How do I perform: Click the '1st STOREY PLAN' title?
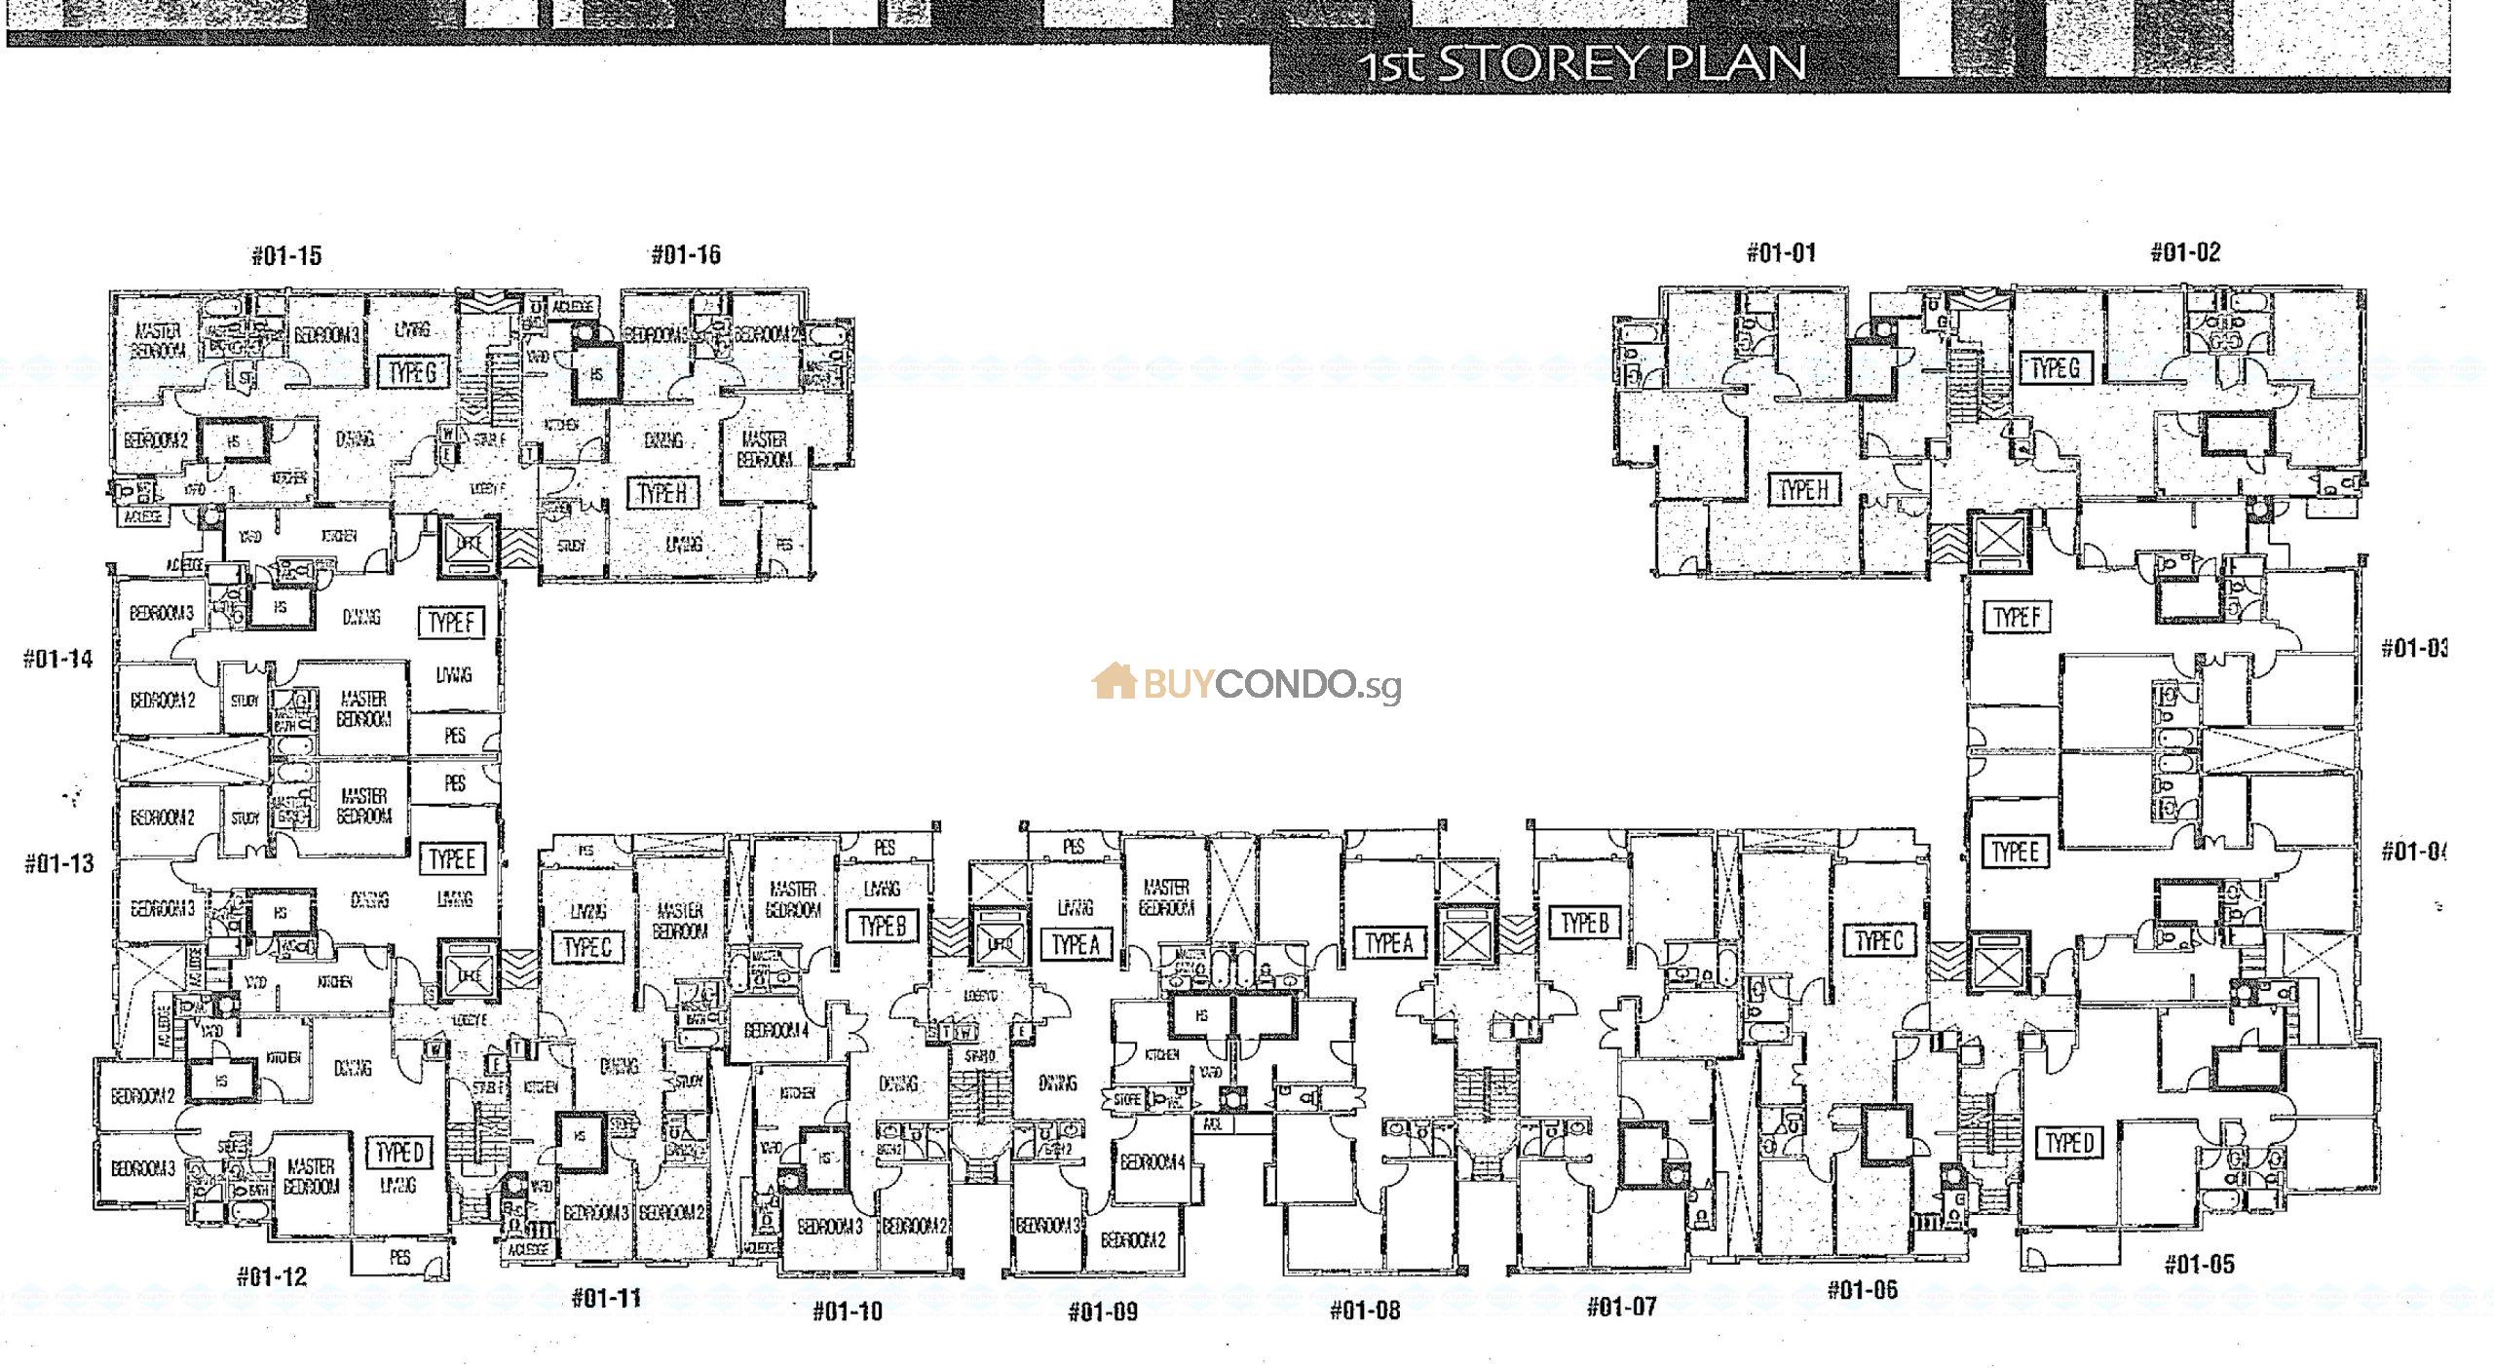[x=1582, y=63]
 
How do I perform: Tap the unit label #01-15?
[x=286, y=256]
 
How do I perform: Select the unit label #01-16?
[x=686, y=255]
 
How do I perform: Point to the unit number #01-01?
[x=1781, y=253]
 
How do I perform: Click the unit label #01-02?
[x=2185, y=252]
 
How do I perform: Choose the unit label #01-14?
[x=58, y=660]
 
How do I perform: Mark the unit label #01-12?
[x=272, y=1276]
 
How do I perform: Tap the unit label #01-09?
[x=1103, y=1311]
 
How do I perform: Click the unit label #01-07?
[x=1621, y=1306]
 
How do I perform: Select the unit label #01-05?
[x=2199, y=1265]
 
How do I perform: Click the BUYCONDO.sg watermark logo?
[x=1247, y=684]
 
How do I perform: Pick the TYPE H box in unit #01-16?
[x=662, y=494]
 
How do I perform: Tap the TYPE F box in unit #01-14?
[x=451, y=623]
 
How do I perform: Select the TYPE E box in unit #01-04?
[x=2015, y=852]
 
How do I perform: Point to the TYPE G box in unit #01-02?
[x=2055, y=368]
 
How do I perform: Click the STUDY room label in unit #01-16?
[x=571, y=547]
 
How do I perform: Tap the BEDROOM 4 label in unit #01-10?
[x=776, y=1031]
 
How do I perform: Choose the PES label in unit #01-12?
[x=399, y=1258]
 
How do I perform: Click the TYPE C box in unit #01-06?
[x=1878, y=941]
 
